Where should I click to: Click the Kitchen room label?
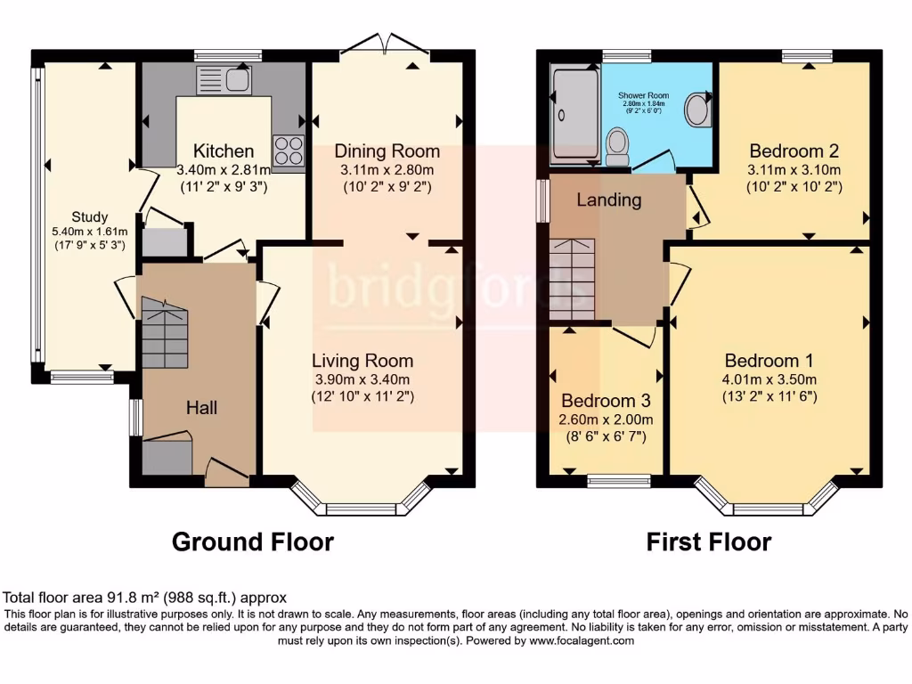[x=224, y=151]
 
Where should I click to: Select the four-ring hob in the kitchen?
[x=289, y=151]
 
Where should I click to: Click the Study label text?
[x=90, y=216]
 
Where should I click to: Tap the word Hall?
[x=200, y=408]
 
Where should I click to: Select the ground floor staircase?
[x=165, y=333]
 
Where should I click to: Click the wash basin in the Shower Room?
[x=696, y=111]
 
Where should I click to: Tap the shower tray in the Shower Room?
[x=574, y=114]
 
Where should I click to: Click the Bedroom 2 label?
[x=794, y=151]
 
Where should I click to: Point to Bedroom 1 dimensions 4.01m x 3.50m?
[x=769, y=379]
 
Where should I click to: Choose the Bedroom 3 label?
[x=605, y=401]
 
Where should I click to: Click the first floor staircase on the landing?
[x=572, y=280]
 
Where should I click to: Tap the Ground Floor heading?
[x=252, y=541]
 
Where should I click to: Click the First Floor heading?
[x=709, y=541]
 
